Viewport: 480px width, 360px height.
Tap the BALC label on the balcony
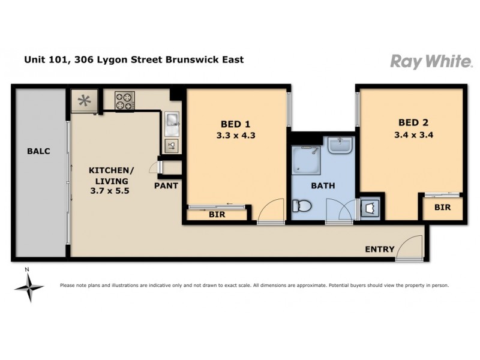tap(38, 151)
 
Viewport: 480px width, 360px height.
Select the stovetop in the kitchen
tap(124, 100)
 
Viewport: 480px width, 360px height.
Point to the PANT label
tap(166, 186)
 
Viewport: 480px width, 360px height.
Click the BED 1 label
tap(236, 124)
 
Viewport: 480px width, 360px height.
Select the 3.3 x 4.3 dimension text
tap(236, 136)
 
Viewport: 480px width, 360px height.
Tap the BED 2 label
tap(413, 124)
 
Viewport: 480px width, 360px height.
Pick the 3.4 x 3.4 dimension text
tap(413, 135)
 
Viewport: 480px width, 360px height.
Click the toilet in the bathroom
tap(302, 207)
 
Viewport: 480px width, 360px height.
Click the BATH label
tap(323, 186)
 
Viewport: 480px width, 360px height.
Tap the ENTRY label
tap(380, 250)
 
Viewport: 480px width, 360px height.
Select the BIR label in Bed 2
tap(443, 208)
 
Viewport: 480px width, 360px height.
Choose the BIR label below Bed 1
tap(217, 214)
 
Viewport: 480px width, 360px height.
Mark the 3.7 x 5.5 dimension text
tap(109, 191)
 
